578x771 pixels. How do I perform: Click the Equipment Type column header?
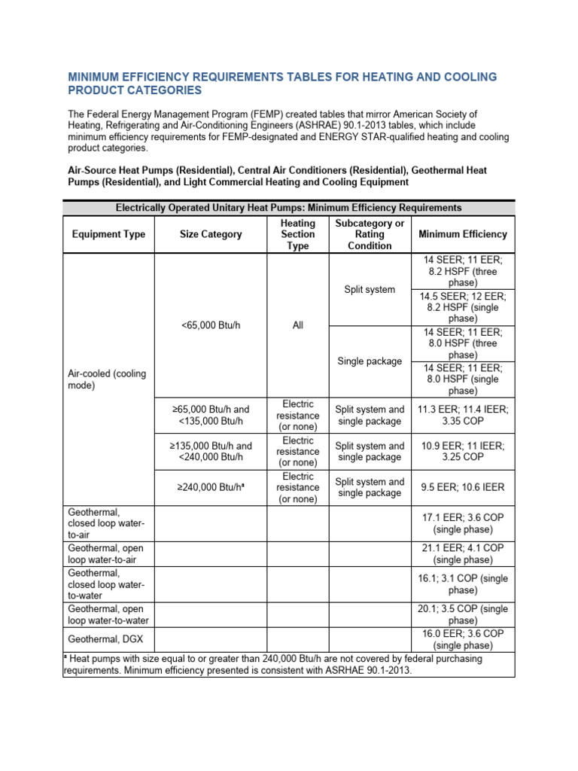click(x=108, y=234)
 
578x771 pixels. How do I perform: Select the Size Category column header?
click(x=211, y=234)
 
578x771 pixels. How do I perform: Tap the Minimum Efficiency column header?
click(x=462, y=234)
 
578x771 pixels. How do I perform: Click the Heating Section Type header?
click(x=298, y=234)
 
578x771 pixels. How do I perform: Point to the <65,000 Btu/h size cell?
click(x=211, y=325)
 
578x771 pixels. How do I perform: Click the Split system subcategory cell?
click(x=370, y=289)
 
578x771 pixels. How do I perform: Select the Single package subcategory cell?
click(x=370, y=361)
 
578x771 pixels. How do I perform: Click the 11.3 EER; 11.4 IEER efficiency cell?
click(x=462, y=416)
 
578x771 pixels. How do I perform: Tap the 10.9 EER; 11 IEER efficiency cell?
click(x=462, y=452)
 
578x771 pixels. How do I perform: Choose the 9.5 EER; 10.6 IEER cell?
click(x=462, y=487)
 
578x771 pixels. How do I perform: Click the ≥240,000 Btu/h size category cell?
click(x=211, y=488)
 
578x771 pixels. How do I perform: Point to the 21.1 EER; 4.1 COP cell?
click(x=462, y=554)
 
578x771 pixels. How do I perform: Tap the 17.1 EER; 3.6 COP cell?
click(x=462, y=524)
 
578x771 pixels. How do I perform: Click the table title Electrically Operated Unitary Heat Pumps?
click(x=288, y=207)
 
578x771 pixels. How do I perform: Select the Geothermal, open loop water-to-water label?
click(x=108, y=614)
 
